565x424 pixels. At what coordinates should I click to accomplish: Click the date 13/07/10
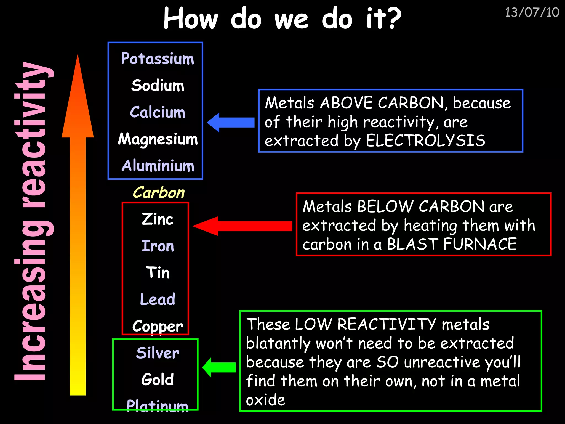click(x=532, y=13)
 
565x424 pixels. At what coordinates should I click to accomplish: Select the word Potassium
click(x=158, y=59)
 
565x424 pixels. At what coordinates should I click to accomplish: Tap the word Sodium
click(x=158, y=85)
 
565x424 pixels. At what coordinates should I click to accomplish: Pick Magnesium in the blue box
click(x=158, y=139)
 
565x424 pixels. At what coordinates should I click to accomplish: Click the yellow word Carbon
click(x=159, y=192)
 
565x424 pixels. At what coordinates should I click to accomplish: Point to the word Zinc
click(x=157, y=219)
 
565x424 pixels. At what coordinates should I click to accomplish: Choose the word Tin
click(x=158, y=272)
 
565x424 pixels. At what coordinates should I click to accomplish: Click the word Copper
click(x=157, y=326)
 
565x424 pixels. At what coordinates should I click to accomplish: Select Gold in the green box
click(x=158, y=379)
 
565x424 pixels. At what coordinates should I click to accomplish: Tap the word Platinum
click(x=157, y=405)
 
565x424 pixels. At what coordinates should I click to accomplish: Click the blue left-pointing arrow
click(x=231, y=122)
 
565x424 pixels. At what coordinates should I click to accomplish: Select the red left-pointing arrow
click(x=242, y=226)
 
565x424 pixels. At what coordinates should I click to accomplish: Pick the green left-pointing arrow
click(x=219, y=367)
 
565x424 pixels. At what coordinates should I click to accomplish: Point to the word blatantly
click(x=278, y=343)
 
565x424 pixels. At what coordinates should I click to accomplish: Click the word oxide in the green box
click(x=265, y=400)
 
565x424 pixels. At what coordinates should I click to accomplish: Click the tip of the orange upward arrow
click(x=78, y=57)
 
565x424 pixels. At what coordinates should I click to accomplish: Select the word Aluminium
click(x=158, y=166)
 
